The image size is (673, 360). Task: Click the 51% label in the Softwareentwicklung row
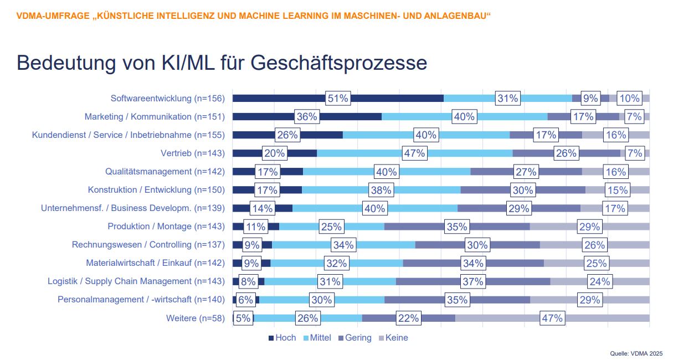[x=338, y=99]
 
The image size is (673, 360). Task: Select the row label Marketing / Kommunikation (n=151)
[x=155, y=117]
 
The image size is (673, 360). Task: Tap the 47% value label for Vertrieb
[x=414, y=153]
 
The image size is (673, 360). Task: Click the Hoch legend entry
[x=282, y=338]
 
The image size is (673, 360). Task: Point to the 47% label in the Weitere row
[x=552, y=318]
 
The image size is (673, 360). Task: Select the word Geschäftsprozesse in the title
[x=338, y=63]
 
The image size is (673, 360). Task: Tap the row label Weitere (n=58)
[x=196, y=318]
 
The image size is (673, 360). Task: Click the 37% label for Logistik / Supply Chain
[x=473, y=281]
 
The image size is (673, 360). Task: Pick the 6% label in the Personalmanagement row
[x=245, y=300]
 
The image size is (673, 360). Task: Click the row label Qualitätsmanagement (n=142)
[x=165, y=172]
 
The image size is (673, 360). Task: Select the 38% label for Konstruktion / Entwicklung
[x=381, y=190]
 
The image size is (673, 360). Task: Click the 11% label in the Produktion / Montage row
[x=256, y=227]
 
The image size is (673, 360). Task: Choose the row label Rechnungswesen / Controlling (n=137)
[x=148, y=245]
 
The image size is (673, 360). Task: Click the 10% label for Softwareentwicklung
[x=629, y=99]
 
